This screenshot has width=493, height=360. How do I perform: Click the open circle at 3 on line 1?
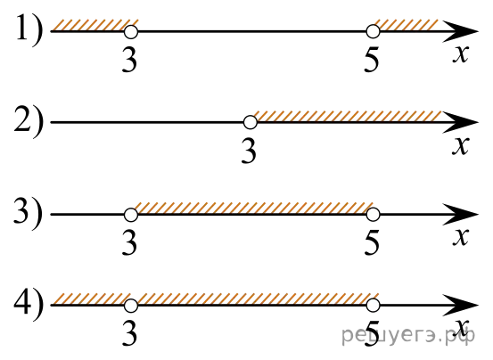tap(131, 32)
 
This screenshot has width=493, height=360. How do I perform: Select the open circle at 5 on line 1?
tap(373, 31)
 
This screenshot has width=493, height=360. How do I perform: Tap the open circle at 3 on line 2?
tap(251, 122)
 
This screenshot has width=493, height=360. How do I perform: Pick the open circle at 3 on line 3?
tap(131, 215)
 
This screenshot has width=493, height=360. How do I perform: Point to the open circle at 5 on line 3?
tap(373, 215)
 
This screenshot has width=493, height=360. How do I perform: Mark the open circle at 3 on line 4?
tap(131, 306)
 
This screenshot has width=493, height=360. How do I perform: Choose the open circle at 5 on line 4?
tap(373, 305)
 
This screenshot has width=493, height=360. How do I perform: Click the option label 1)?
tap(29, 30)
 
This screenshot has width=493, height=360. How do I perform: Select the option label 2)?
tap(29, 121)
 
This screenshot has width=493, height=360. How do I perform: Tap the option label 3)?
tap(29, 213)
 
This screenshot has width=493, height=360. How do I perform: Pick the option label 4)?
tap(29, 304)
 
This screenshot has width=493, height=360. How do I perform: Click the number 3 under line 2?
tap(249, 151)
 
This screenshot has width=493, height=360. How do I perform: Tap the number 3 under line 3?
tap(129, 243)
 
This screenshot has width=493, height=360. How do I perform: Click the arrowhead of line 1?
tap(460, 31)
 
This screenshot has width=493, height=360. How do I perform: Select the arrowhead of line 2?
tap(460, 122)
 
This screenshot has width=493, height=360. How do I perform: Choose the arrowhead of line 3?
tap(460, 215)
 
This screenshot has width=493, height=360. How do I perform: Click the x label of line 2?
tap(461, 146)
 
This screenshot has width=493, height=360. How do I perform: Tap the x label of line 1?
tap(461, 54)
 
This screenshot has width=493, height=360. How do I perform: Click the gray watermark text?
tap(408, 336)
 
